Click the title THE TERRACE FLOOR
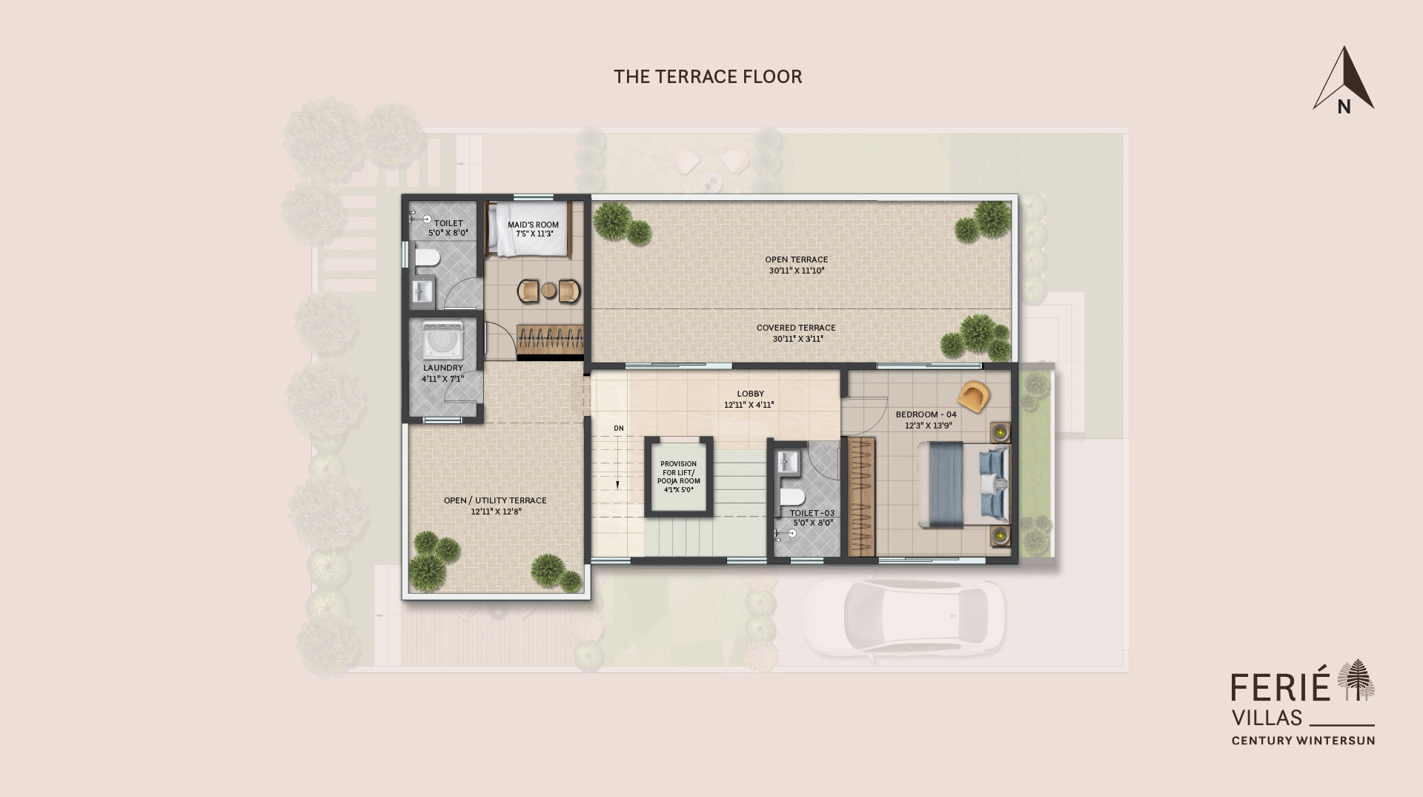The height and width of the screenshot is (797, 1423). (x=708, y=77)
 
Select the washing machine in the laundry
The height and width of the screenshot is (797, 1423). (x=442, y=340)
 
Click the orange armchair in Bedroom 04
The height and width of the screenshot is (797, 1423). (x=975, y=397)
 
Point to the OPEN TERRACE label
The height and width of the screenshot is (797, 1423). (x=796, y=259)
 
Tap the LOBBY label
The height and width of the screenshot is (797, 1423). (x=750, y=394)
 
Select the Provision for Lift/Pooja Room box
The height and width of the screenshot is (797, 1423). (x=678, y=477)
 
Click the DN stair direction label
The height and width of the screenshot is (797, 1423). (x=619, y=429)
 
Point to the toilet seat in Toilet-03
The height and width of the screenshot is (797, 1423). (x=792, y=496)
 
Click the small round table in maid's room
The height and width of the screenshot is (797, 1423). (x=548, y=291)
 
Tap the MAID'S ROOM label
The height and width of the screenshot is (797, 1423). (x=533, y=225)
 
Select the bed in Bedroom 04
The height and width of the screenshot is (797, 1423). (x=963, y=484)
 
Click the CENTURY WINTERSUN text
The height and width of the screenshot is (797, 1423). (x=1303, y=740)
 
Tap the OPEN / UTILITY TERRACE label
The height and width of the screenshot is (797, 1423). (x=495, y=500)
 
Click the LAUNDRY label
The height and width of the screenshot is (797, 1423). (x=442, y=368)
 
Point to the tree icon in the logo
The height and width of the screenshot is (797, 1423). (x=1356, y=679)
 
